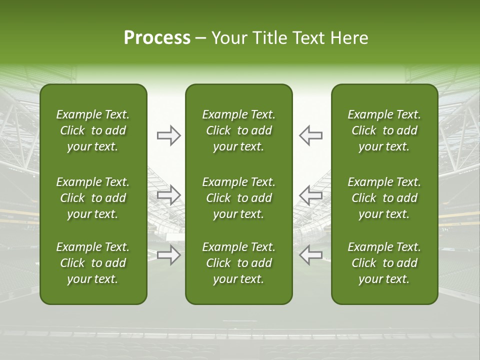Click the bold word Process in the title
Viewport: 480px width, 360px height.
[x=157, y=38]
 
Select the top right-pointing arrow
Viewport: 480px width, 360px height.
[x=168, y=135]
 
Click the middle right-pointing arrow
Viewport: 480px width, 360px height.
[x=168, y=194]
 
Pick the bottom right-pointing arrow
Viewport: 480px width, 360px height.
[x=168, y=254]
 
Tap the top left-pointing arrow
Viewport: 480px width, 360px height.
[x=311, y=135]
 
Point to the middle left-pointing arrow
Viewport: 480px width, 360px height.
[x=311, y=194]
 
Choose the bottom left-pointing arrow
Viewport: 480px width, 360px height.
[x=311, y=254]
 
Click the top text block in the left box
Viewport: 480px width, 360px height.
[x=93, y=130]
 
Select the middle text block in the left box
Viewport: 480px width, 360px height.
[x=93, y=198]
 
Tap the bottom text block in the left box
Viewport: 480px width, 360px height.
[x=93, y=263]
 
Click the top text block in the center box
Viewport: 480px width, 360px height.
[x=239, y=130]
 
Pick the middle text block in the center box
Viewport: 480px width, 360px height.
[x=239, y=198]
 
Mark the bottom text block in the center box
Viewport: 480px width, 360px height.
[x=239, y=263]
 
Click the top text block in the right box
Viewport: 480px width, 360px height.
[x=384, y=130]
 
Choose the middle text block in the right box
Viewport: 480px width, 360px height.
[x=384, y=198]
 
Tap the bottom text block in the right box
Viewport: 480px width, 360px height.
[x=384, y=263]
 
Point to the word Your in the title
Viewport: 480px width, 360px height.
[x=227, y=38]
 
